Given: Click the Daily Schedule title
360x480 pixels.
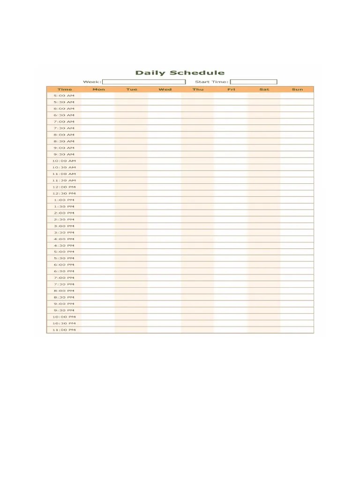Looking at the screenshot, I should pos(180,73).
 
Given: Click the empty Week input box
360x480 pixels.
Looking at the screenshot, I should pos(143,82).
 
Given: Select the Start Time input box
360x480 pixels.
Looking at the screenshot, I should pos(254,82).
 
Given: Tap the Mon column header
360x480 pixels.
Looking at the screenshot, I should pos(98,90).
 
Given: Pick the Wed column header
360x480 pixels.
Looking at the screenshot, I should pos(165,90).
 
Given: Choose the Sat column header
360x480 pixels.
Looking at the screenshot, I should pos(264,90).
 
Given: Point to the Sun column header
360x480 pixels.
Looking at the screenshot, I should pos(297,90).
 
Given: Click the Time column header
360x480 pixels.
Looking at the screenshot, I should pos(65,90).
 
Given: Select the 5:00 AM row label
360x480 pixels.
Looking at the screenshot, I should pos(64,96).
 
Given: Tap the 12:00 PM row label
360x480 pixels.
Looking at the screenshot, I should pos(64,187).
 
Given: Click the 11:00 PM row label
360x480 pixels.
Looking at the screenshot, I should pos(64,330).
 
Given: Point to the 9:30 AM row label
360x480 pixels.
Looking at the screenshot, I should pos(64,154).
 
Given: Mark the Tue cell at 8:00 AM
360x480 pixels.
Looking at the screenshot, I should pos(131,135).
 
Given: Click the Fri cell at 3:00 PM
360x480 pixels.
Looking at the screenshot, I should pos(231,226).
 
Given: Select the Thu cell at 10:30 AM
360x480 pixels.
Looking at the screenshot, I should pos(198,167).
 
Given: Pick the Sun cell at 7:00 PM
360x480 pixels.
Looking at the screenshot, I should pos(297,278).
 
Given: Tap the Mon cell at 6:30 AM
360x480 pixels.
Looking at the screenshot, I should pos(98,115).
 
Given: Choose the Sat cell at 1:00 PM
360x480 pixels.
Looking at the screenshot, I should pos(264,200).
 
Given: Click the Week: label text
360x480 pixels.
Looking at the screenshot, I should pos(92,82).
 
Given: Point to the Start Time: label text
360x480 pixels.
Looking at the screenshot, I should pos(212,82).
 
